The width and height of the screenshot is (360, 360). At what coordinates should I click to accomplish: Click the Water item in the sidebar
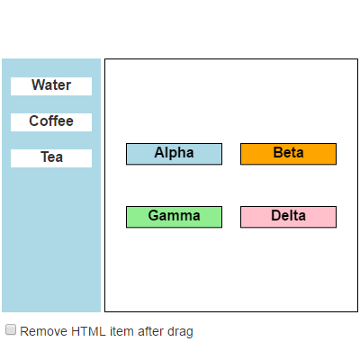coord(51,85)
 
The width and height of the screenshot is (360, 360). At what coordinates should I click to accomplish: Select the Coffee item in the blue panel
coord(51,121)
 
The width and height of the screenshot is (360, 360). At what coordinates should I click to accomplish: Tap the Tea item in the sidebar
coord(51,157)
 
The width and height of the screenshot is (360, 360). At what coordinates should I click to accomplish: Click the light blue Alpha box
coord(174,154)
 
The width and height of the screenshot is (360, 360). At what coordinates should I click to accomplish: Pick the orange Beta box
coord(288,154)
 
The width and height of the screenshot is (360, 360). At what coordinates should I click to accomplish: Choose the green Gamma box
coord(174,217)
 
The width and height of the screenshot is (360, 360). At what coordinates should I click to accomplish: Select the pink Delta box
coord(288,217)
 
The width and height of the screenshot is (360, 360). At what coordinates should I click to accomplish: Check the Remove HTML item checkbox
coord(11,330)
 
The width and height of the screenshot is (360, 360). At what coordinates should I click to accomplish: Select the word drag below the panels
coord(181,332)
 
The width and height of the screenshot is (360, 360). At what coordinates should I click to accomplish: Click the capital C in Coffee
coord(34,121)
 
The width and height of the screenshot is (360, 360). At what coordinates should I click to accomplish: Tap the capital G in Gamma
coord(154,216)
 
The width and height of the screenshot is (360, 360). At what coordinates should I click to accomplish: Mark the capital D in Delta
coord(275,216)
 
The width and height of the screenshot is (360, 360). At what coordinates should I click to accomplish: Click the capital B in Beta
coord(277,153)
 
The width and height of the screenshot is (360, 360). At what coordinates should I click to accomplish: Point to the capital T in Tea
coord(44,157)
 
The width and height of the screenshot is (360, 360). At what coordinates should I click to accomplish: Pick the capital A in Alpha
coord(159,153)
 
